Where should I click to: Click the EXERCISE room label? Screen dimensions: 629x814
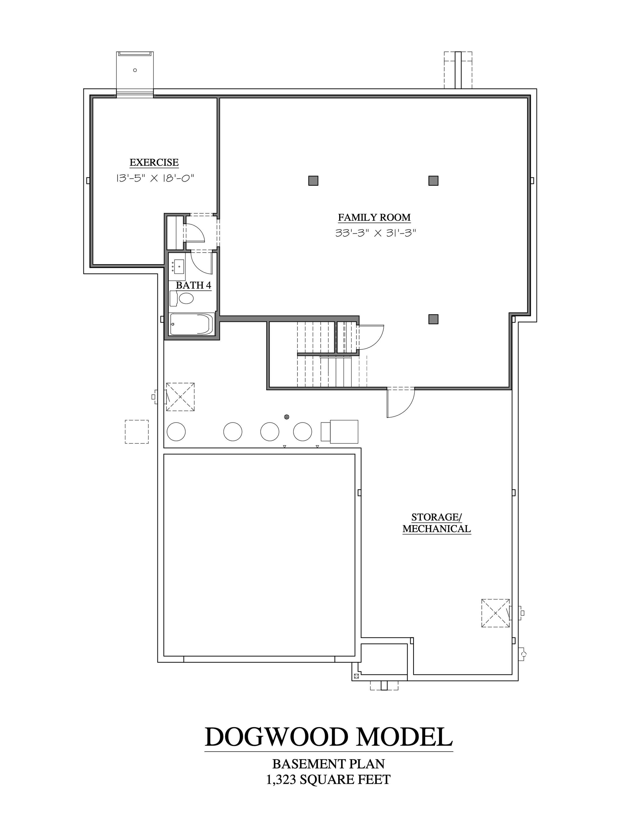click(154, 163)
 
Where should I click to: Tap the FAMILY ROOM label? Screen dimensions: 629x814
click(374, 217)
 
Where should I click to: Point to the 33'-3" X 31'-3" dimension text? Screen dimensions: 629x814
click(375, 233)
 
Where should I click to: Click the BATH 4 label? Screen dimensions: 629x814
click(193, 286)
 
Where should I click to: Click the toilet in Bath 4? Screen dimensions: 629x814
click(182, 298)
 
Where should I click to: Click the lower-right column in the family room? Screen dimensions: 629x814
click(433, 319)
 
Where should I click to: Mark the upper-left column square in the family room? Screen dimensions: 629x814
click(313, 181)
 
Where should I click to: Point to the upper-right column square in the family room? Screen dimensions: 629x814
click(433, 181)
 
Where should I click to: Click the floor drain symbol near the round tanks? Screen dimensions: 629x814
click(287, 417)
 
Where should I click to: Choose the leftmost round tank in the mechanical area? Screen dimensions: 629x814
click(176, 432)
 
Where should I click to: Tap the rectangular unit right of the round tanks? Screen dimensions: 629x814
click(339, 432)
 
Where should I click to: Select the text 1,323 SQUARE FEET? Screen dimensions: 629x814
click(328, 787)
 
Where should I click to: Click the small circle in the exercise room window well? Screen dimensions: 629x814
click(135, 70)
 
